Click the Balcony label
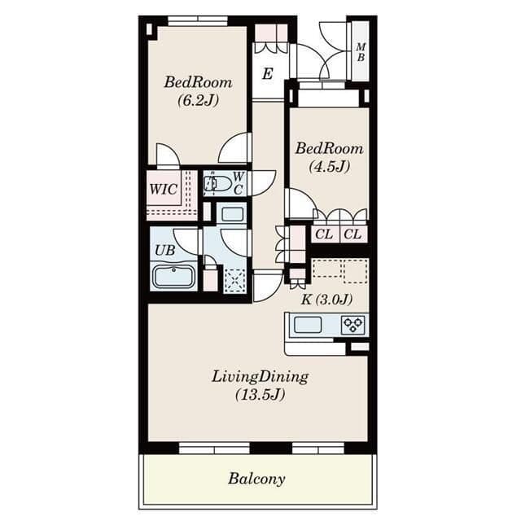[256, 479]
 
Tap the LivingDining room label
[260, 378]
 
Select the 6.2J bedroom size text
[199, 100]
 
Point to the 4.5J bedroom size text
[329, 166]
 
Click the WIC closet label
[163, 190]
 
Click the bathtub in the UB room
[173, 277]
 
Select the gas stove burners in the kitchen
[352, 325]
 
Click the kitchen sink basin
[308, 325]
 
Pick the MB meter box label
[361, 52]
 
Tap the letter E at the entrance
[268, 73]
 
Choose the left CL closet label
[324, 234]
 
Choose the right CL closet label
[352, 234]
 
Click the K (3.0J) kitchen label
[326, 300]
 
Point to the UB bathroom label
[165, 250]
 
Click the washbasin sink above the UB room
[231, 214]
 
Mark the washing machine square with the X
[235, 281]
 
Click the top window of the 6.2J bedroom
[198, 21]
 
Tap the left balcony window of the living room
[214, 449]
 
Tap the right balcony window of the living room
[318, 449]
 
